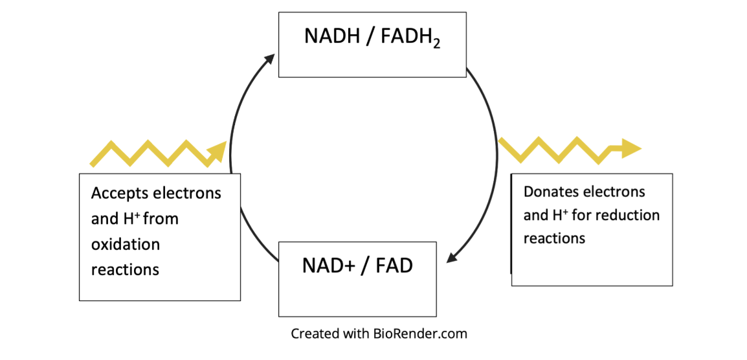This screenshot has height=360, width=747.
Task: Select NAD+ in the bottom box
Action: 329,266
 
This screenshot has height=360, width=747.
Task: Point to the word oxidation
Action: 125,245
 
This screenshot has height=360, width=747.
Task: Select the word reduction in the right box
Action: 629,215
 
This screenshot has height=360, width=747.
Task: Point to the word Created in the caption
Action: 313,334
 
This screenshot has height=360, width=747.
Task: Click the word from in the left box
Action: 161,219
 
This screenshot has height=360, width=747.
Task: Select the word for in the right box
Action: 584,215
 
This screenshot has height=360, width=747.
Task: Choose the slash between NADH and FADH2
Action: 370,36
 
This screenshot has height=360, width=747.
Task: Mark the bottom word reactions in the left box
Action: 125,269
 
